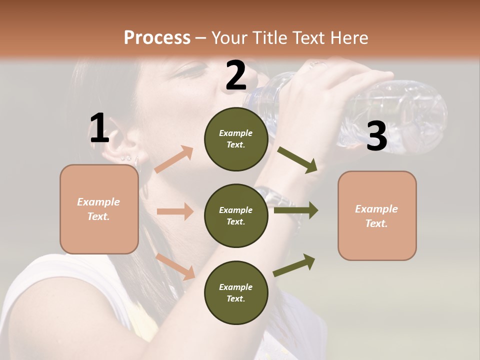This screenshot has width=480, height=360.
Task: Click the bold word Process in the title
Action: pos(157,38)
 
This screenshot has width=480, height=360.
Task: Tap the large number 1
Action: pos(99,128)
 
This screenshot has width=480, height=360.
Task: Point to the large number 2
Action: pos(235,76)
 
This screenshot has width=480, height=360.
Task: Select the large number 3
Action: pos(376,136)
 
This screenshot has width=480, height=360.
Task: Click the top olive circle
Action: pos(235,139)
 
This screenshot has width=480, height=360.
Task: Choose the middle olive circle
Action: pos(235,216)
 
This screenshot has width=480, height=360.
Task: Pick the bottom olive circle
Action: pos(235,293)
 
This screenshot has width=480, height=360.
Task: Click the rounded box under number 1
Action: pos(99,209)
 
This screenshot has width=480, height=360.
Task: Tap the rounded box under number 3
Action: pos(377,216)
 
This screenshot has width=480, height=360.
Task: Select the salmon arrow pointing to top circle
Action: pos(173,159)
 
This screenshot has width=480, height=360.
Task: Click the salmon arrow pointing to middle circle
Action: pos(174,211)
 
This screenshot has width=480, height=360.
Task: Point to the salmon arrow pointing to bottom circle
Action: pos(175,265)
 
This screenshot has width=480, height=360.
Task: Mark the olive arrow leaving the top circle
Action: pos(297,159)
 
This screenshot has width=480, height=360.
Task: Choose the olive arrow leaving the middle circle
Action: pos(296,210)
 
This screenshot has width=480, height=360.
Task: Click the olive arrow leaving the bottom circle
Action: pos(294,265)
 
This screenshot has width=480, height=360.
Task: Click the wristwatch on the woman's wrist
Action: pos(274,198)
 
